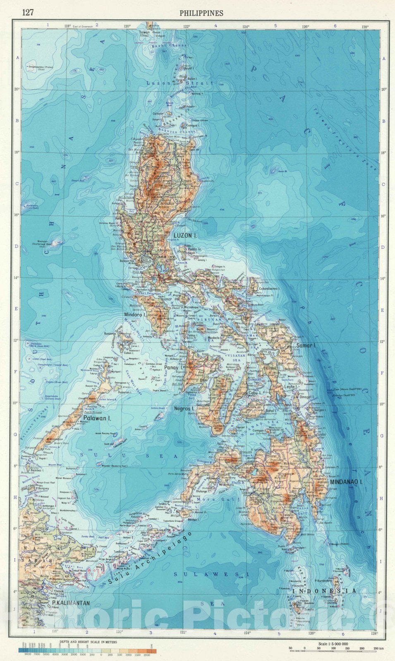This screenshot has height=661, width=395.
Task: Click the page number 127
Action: (x=28, y=13)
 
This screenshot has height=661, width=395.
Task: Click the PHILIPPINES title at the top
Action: (x=201, y=13)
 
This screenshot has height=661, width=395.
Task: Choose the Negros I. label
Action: (x=184, y=409)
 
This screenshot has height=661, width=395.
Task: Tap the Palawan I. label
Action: (x=98, y=418)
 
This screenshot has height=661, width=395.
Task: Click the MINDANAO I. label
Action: (x=346, y=482)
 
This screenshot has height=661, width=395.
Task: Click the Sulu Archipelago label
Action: (x=150, y=559)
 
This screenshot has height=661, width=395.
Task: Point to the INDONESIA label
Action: (x=324, y=591)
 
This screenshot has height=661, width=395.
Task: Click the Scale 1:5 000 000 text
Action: (x=333, y=644)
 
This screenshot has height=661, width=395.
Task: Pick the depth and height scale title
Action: (x=88, y=642)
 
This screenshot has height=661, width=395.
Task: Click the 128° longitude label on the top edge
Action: (x=365, y=26)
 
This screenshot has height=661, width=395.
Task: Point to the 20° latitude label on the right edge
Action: (x=384, y=89)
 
